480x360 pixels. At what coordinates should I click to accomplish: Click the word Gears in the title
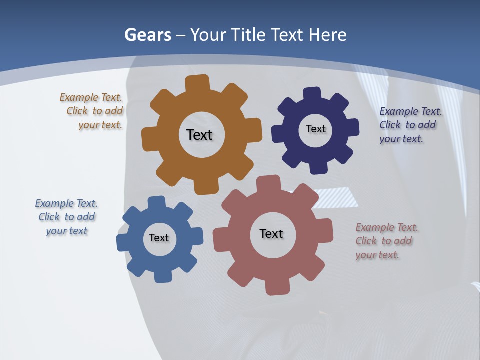click(x=148, y=35)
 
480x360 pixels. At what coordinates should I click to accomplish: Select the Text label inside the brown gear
click(x=199, y=135)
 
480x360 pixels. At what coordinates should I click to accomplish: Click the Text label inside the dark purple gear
click(x=315, y=129)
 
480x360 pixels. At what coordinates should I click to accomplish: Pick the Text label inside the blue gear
click(x=159, y=238)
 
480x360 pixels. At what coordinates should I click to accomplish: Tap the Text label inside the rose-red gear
click(x=271, y=233)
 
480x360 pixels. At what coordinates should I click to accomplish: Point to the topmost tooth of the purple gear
click(x=312, y=93)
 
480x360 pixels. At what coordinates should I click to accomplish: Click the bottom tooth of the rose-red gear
click(x=277, y=287)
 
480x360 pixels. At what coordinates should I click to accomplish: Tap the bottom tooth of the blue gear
click(x=163, y=276)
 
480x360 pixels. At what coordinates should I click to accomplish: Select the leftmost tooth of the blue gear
click(x=123, y=242)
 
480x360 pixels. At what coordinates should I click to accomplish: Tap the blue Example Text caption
click(x=66, y=217)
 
